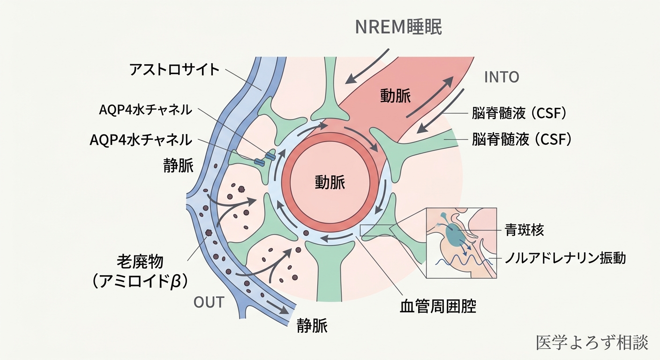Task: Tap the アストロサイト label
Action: (x=174, y=70)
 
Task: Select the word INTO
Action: (x=501, y=77)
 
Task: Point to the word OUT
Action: (x=209, y=302)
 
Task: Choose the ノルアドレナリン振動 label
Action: (x=565, y=258)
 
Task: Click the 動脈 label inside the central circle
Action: (x=330, y=181)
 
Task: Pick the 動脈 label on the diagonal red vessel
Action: (x=395, y=96)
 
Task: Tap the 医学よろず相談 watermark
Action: (x=592, y=342)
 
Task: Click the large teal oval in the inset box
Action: (x=452, y=235)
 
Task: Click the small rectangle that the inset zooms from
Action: (x=375, y=230)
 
